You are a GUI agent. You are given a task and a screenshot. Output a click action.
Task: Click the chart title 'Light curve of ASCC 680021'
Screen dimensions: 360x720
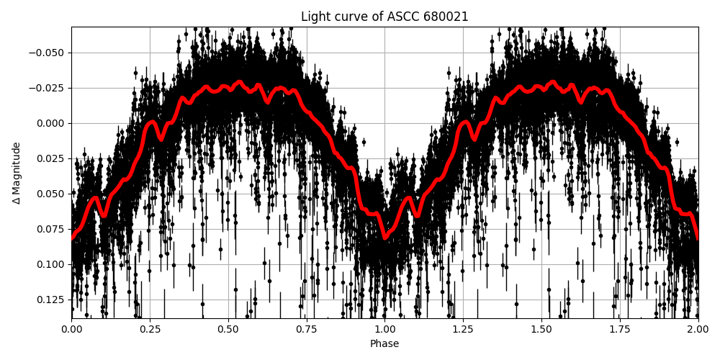[x=384, y=17]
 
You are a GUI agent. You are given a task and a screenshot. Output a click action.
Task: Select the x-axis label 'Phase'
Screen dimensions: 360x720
[x=384, y=343]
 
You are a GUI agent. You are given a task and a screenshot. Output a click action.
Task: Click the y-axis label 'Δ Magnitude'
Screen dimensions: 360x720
[x=17, y=173]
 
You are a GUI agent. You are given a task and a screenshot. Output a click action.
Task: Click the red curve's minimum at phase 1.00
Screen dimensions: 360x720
[x=385, y=237]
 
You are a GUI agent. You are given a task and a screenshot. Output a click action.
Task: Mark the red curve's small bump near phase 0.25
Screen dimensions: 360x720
[x=151, y=122]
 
